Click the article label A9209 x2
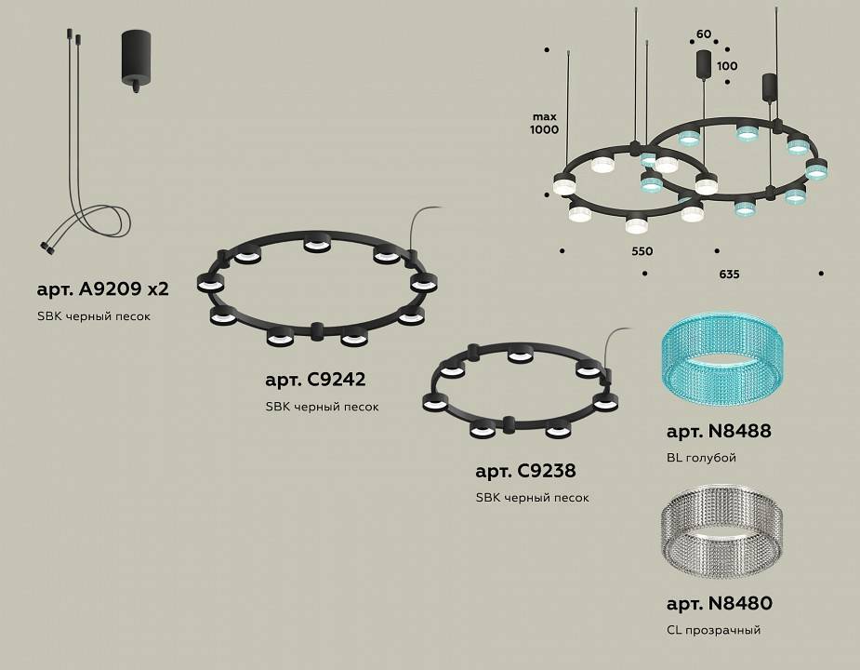(x=102, y=288)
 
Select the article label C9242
(x=315, y=380)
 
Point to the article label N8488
(x=719, y=432)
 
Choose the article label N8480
(x=719, y=604)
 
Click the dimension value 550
(x=642, y=251)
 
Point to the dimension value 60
(x=704, y=34)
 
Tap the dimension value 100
(x=727, y=66)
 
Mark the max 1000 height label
(x=545, y=123)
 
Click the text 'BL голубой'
(x=701, y=458)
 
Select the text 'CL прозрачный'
(x=713, y=630)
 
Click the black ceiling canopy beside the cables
(x=137, y=60)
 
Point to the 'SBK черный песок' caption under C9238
(x=532, y=498)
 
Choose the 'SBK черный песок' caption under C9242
(x=322, y=407)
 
